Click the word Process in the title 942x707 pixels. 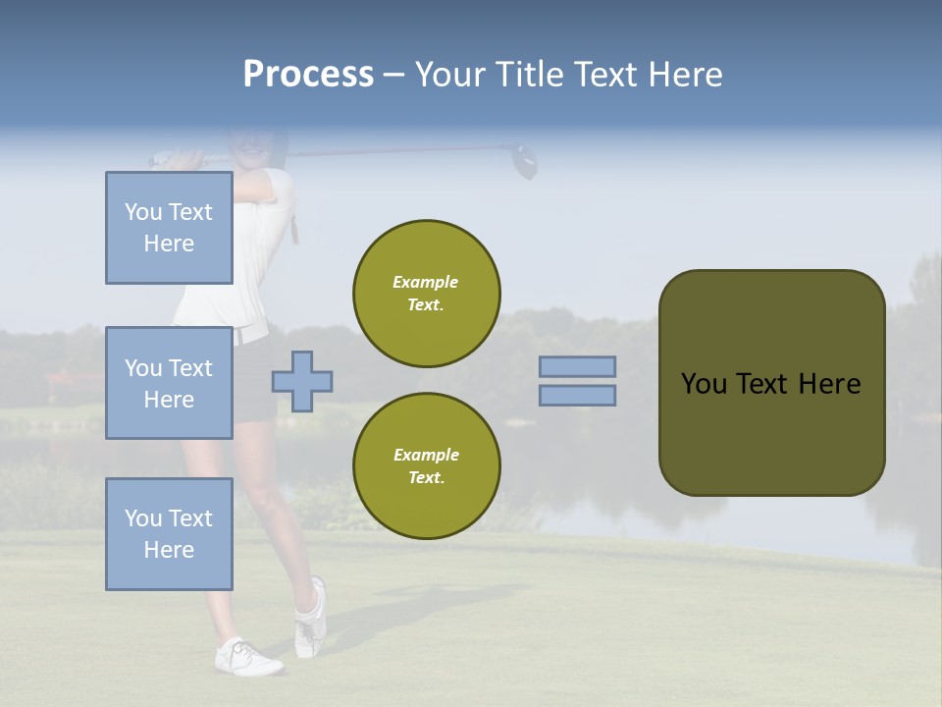[308, 75]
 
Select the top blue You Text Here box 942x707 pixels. [169, 228]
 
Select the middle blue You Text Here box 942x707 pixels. [169, 383]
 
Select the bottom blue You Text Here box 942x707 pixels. [169, 534]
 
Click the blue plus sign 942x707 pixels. [302, 381]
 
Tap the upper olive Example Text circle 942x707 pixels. [426, 294]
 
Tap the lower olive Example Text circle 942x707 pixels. [426, 466]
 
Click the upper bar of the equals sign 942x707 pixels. [577, 367]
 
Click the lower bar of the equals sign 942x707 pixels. [577, 396]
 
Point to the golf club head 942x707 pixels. [526, 161]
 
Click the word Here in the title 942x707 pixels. [685, 75]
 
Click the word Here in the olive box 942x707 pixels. [830, 384]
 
